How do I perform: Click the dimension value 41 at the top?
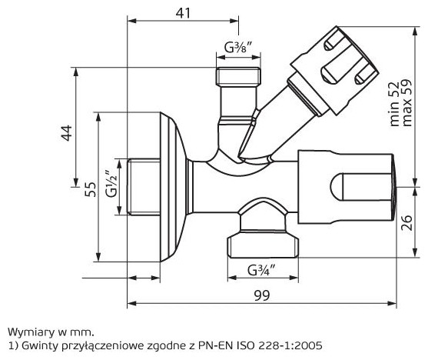click(183, 13)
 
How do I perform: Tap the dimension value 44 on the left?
click(67, 133)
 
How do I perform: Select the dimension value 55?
click(91, 189)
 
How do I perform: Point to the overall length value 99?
click(262, 295)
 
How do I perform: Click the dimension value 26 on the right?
click(407, 223)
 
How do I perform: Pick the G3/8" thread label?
click(237, 47)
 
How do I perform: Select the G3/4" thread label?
click(261, 270)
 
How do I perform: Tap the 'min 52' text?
click(394, 104)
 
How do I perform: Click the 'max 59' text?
click(406, 103)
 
